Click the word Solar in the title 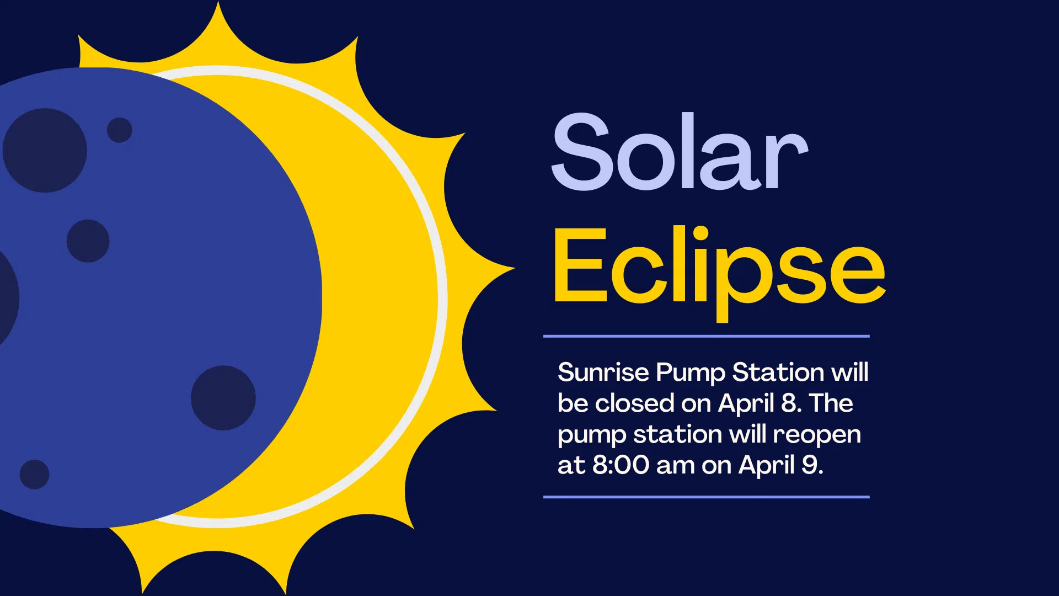tap(680, 151)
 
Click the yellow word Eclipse tap(719, 273)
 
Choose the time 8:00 tap(621, 465)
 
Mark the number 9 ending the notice tap(809, 465)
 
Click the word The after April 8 tap(831, 403)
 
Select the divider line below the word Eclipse tap(707, 336)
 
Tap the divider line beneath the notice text tap(707, 497)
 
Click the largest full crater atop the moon tap(45, 150)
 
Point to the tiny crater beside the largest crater tap(119, 130)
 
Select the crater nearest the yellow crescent tap(223, 398)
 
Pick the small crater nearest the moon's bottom tap(34, 475)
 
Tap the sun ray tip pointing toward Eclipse tap(514, 269)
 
